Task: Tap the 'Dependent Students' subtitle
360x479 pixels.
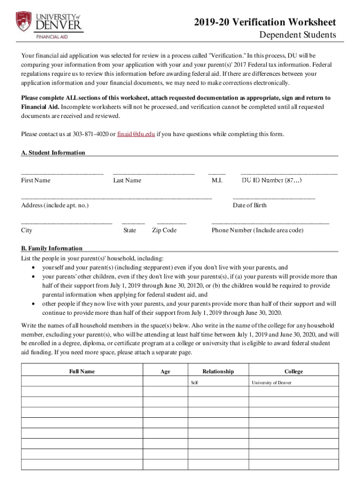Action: pyautogui.click(x=297, y=35)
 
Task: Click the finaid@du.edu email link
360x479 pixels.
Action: pyautogui.click(x=136, y=134)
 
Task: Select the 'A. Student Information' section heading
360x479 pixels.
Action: pyautogui.click(x=53, y=152)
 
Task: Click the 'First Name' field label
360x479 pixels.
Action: pyautogui.click(x=36, y=180)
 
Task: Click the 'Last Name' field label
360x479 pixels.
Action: pyautogui.click(x=127, y=180)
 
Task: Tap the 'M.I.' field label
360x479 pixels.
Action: pyautogui.click(x=217, y=180)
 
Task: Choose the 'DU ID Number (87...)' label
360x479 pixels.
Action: pyautogui.click(x=271, y=180)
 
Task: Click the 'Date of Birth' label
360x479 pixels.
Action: pyautogui.click(x=250, y=205)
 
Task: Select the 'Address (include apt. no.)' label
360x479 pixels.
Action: pyautogui.click(x=55, y=205)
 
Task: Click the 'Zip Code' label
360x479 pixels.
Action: pyautogui.click(x=164, y=230)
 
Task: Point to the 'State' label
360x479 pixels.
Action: pyautogui.click(x=130, y=230)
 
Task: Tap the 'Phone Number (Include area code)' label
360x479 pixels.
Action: pyautogui.click(x=257, y=230)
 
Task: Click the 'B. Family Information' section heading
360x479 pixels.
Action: pyautogui.click(x=52, y=248)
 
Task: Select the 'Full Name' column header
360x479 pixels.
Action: pyautogui.click(x=82, y=371)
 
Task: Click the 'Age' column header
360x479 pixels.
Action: pyautogui.click(x=165, y=371)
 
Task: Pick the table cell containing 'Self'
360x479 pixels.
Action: pyautogui.click(x=218, y=383)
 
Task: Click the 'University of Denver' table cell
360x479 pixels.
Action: pyautogui.click(x=294, y=383)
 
